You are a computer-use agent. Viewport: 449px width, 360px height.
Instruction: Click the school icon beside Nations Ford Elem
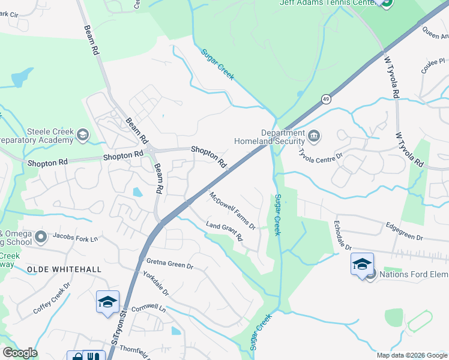[362, 265]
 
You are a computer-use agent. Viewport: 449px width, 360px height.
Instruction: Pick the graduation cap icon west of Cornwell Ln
[107, 301]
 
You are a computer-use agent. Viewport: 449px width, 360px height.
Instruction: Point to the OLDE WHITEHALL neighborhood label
[64, 269]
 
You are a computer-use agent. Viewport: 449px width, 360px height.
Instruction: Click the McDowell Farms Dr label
[232, 211]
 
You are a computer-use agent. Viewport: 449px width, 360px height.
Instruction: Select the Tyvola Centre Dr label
[321, 154]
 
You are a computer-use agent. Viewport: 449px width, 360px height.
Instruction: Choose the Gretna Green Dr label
[170, 264]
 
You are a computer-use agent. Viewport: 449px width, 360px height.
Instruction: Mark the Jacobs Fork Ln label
[75, 238]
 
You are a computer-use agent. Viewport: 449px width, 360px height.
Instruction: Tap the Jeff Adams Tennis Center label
[327, 3]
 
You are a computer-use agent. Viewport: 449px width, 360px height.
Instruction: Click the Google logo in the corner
[20, 353]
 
